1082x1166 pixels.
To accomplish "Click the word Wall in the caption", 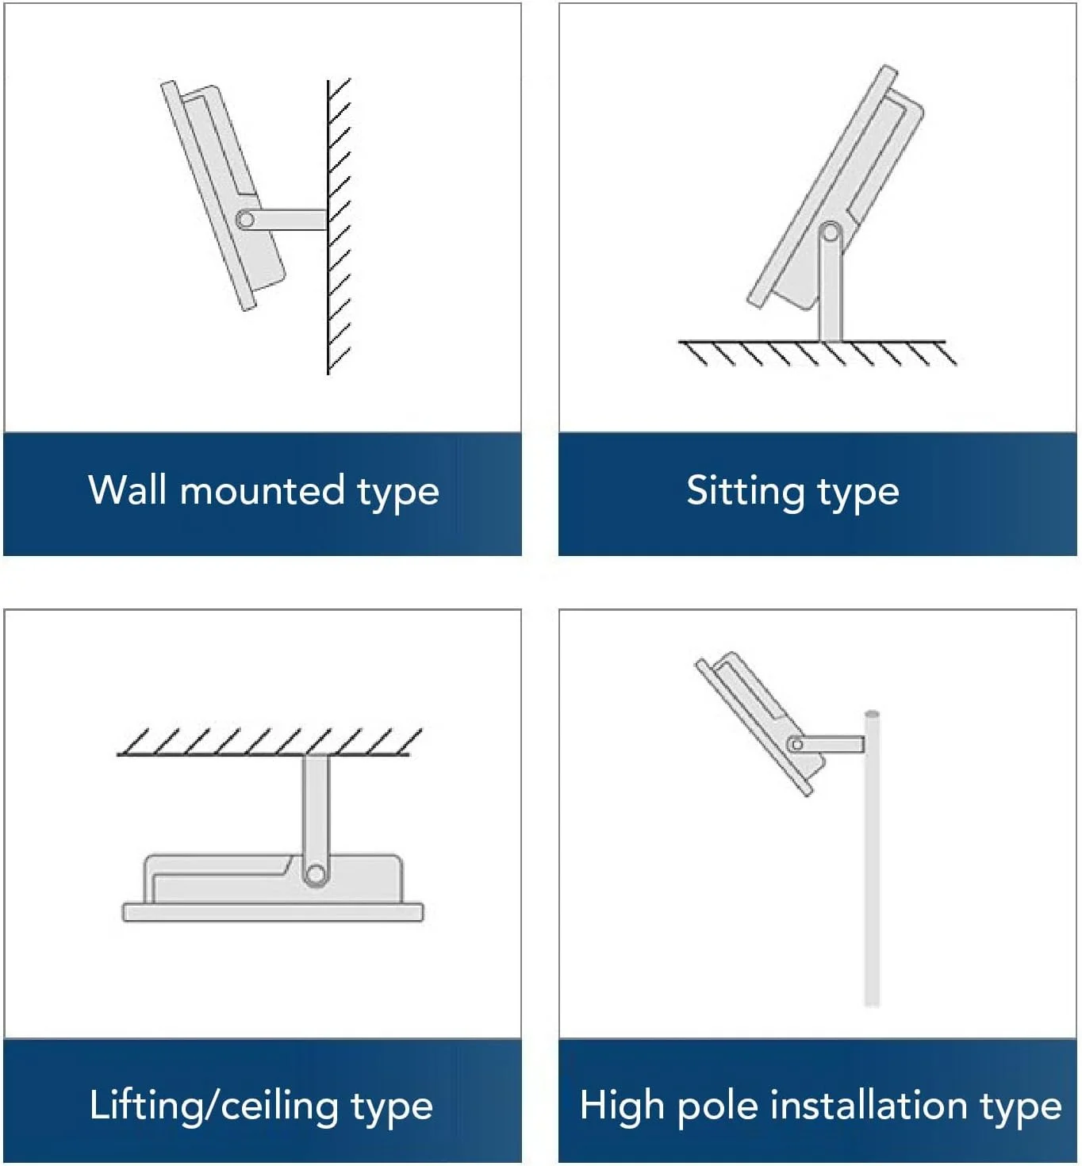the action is pos(126,489).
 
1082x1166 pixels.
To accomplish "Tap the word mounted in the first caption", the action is pos(262,489).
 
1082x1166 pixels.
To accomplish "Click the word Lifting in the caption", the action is pos(146,1106).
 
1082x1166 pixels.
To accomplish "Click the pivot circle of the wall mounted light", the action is pos(246,221).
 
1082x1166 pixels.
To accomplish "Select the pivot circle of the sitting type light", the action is pos(831,233).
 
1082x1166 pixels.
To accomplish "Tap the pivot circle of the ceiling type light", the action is pos(316,874).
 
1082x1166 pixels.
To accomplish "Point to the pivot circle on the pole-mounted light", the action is pos(796,745).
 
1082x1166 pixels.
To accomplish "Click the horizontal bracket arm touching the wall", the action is pos(284,220).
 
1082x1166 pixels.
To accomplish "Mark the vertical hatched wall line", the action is pos(328,227).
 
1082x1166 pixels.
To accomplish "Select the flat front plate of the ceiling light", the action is pos(273,912).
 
